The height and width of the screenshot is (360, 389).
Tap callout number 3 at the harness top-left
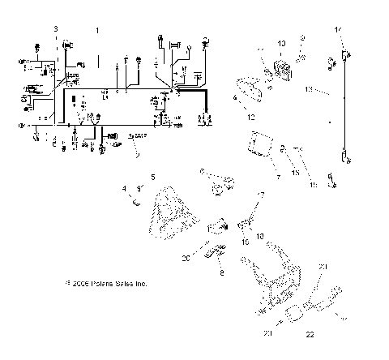coord(55,29)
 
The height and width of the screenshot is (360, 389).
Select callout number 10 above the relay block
coord(281,42)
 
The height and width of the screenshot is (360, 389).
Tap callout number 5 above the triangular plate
coord(152,176)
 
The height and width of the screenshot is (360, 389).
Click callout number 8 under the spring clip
coord(223,274)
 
